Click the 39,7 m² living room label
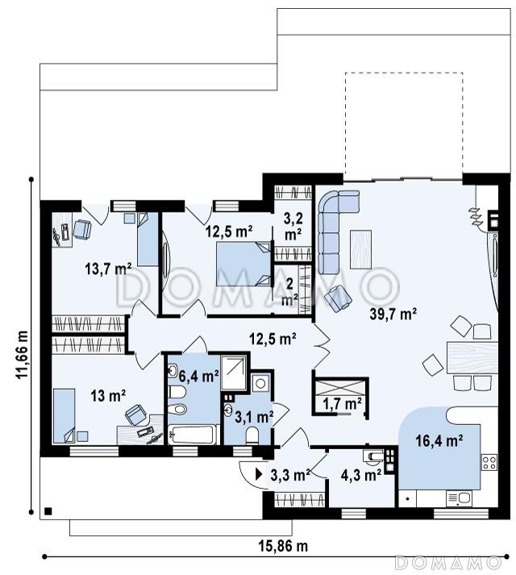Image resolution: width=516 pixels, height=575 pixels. (x=393, y=315)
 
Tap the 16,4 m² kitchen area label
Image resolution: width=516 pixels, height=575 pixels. (x=439, y=440)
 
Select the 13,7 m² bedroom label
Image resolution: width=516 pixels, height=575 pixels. (x=108, y=269)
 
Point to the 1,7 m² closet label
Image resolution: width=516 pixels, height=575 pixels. (x=342, y=404)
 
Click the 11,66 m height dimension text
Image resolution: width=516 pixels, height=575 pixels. (x=22, y=354)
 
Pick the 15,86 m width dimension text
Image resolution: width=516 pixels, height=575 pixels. (x=283, y=546)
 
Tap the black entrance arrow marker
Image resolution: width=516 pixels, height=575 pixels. (x=260, y=474)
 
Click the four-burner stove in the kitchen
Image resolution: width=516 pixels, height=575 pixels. (x=489, y=462)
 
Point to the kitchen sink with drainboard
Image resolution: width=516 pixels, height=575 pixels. (x=459, y=498)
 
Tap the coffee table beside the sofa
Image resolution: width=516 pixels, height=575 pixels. (x=360, y=249)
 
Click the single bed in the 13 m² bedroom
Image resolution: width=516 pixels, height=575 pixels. (x=64, y=416)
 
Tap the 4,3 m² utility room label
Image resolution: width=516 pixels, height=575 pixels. (x=360, y=475)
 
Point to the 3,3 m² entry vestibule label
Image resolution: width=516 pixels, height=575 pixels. (x=290, y=475)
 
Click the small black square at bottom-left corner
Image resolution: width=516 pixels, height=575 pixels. (x=48, y=511)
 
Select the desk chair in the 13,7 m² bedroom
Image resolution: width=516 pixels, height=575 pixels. (x=82, y=230)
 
